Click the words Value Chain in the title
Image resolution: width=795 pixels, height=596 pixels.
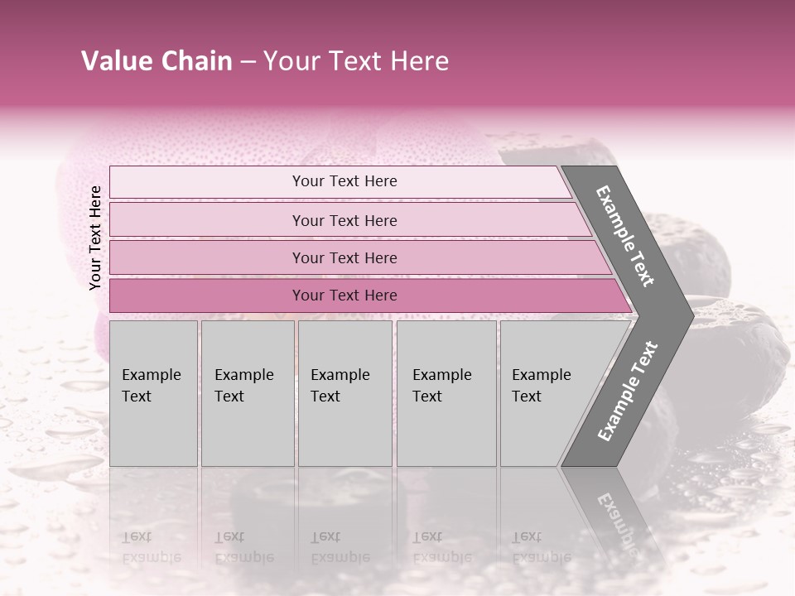(x=157, y=61)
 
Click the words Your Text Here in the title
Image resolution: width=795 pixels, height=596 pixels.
(x=356, y=61)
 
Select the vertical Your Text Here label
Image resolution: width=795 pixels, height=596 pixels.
(x=95, y=238)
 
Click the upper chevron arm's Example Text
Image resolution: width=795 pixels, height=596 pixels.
(x=625, y=236)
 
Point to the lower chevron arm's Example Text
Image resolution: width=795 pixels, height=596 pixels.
(x=628, y=391)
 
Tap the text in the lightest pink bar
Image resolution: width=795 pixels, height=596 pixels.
(x=344, y=181)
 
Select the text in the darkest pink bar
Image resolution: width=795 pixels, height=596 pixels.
(x=344, y=296)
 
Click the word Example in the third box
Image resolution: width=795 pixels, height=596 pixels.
(x=340, y=375)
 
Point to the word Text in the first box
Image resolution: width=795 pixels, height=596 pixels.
(x=137, y=397)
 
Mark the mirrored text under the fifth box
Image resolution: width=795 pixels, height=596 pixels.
(x=541, y=546)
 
